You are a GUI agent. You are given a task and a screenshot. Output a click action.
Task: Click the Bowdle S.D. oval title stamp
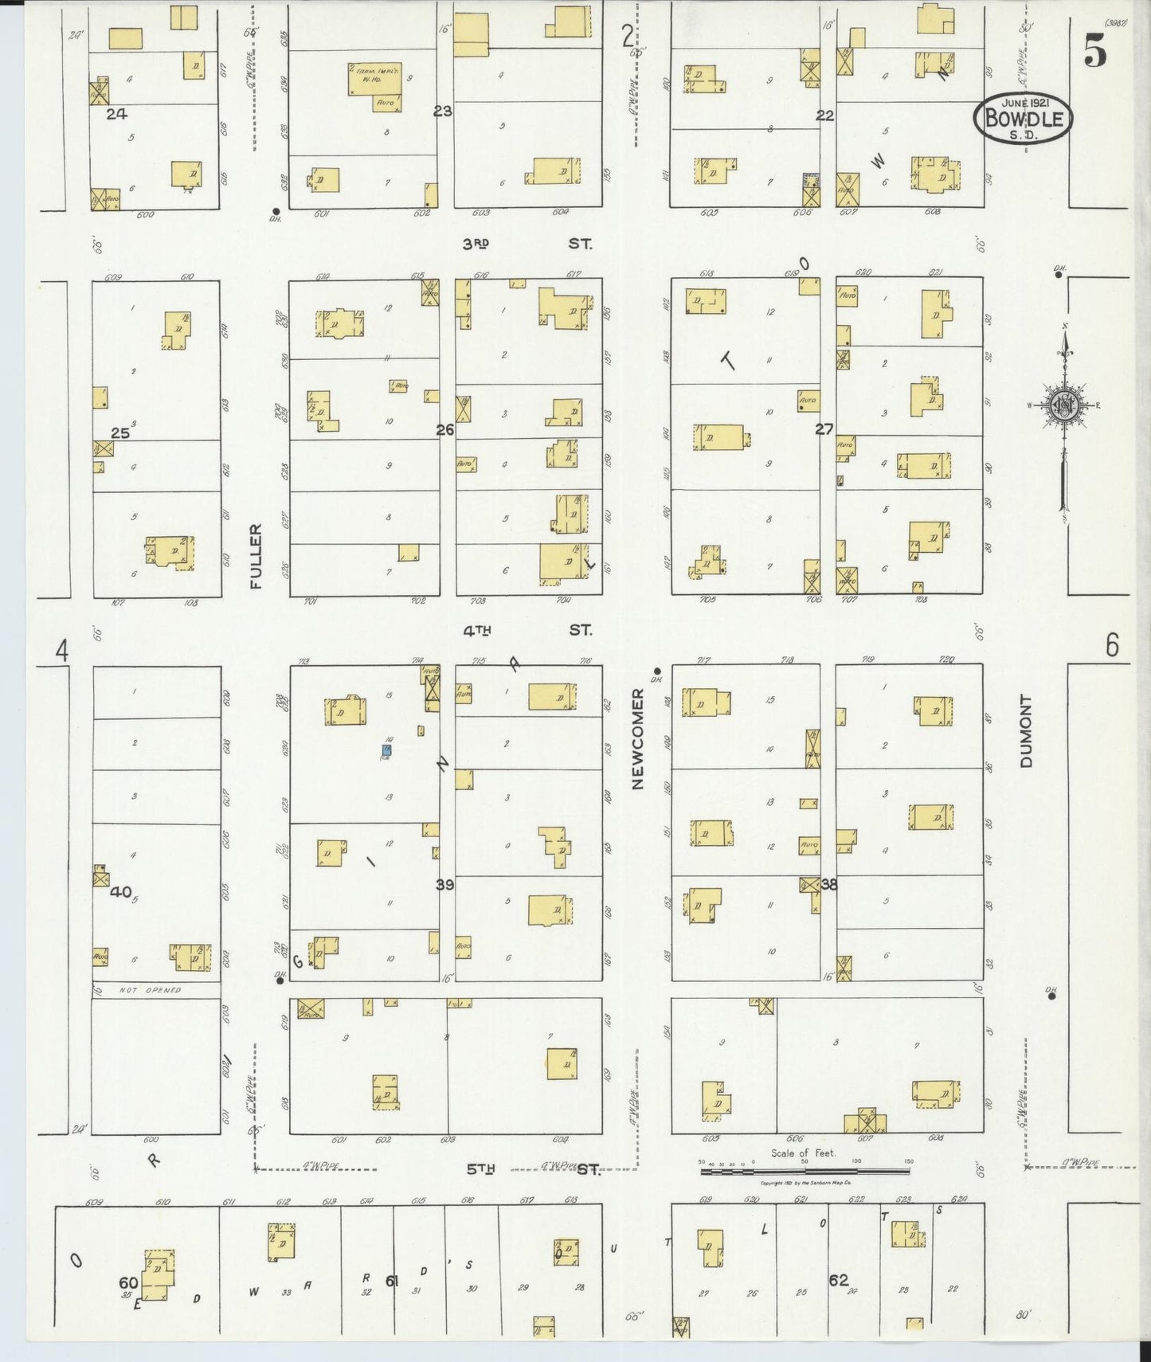[x=1023, y=118]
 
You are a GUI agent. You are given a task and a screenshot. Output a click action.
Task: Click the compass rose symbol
[x=1063, y=404]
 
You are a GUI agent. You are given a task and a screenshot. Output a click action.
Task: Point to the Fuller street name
[x=256, y=556]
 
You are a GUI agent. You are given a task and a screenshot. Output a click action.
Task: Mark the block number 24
[x=116, y=114]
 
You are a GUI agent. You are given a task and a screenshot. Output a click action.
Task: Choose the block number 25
[x=119, y=433]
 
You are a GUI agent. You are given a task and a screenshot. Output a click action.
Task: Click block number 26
[x=444, y=430]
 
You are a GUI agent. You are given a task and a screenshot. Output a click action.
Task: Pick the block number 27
[x=824, y=429]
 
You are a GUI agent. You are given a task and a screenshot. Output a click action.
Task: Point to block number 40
[x=120, y=892]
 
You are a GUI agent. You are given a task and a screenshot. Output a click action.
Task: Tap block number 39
[x=444, y=884]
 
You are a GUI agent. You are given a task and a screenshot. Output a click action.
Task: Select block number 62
[x=838, y=1281]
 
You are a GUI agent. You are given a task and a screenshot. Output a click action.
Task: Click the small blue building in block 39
[x=386, y=750]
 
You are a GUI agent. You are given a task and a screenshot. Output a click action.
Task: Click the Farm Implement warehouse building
[x=374, y=80]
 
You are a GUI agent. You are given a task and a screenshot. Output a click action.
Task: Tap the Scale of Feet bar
[x=805, y=1171]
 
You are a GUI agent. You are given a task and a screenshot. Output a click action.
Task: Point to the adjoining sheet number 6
[x=1112, y=645]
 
